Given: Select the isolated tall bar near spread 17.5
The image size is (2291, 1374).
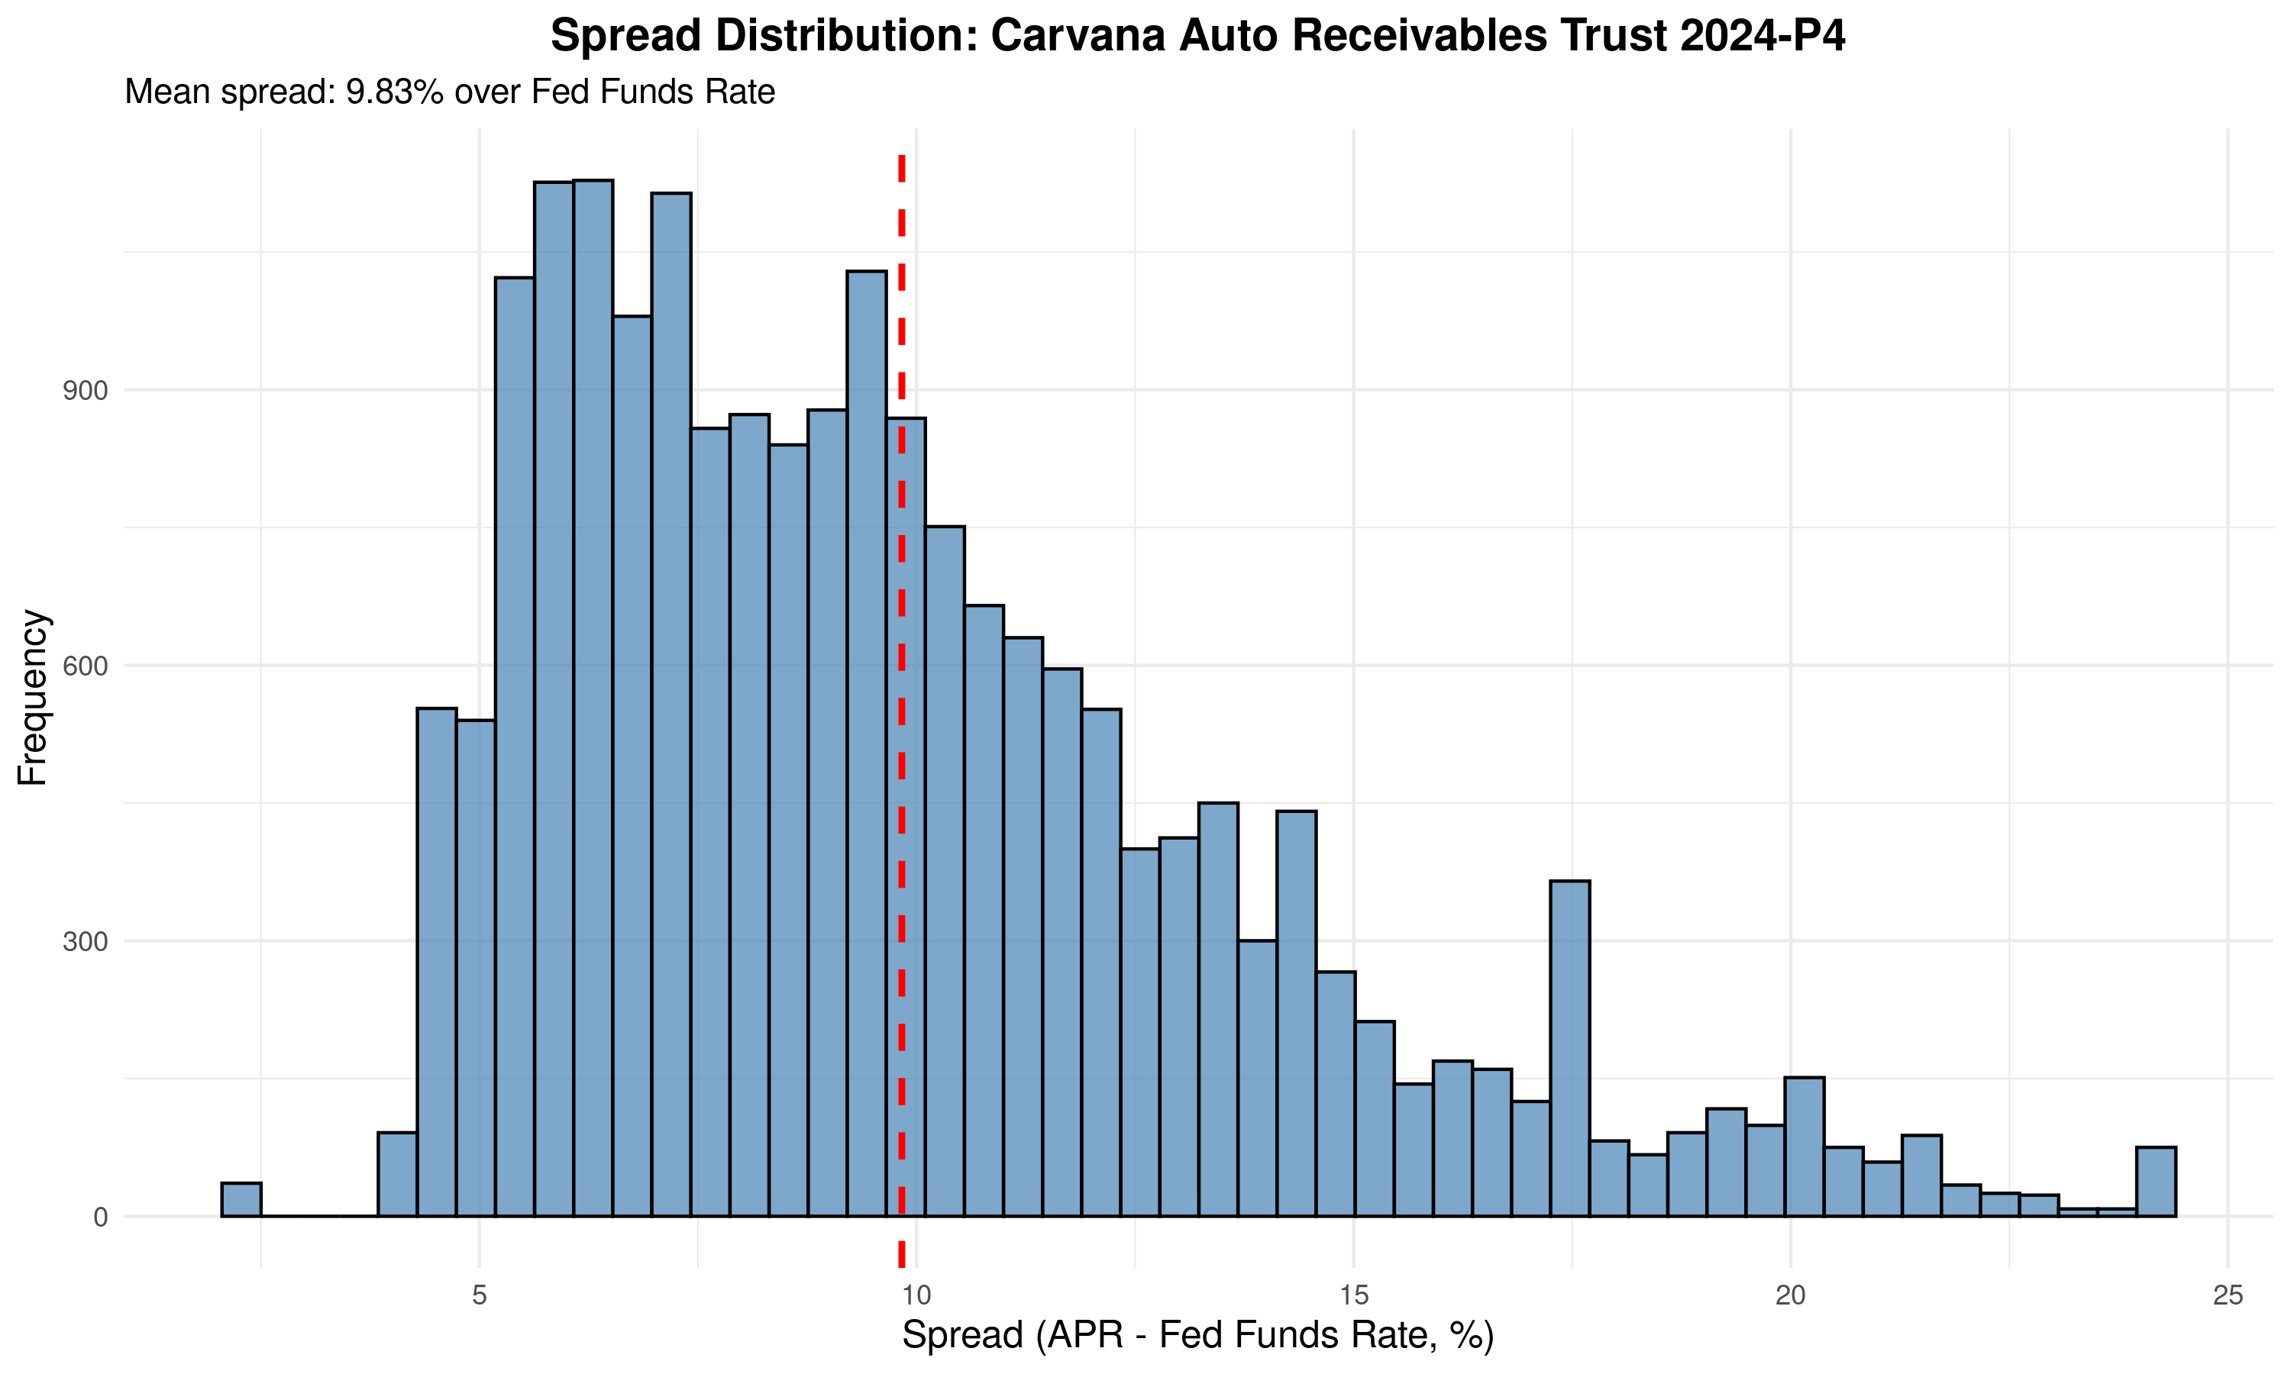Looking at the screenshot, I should [1571, 1047].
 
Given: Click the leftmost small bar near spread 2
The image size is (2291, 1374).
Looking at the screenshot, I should [241, 1199].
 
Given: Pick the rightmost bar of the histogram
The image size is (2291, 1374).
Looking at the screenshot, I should [2156, 1182].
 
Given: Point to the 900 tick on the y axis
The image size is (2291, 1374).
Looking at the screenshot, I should [86, 391].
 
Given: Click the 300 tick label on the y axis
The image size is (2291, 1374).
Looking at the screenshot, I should [86, 942].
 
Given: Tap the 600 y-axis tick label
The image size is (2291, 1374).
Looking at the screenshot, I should [86, 666].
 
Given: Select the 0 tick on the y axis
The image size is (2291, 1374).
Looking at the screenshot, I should [100, 1218].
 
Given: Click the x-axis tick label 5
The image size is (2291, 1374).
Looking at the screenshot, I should [479, 1295].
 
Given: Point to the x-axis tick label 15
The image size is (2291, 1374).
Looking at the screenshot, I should [1354, 1295].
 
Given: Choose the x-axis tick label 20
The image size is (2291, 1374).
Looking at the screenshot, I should [1791, 1295].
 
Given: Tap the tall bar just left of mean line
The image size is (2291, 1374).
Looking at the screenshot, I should [866, 740].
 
